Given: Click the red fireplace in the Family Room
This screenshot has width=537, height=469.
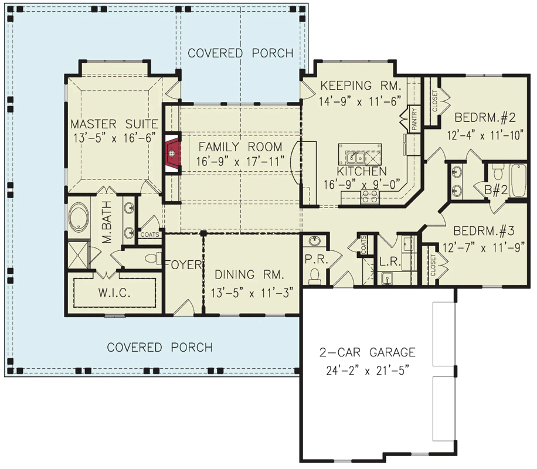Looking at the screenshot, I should coord(172,154).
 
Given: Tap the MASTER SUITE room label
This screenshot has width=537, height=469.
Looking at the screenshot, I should coord(114,124).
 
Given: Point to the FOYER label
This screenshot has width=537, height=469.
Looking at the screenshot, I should coord(183,265).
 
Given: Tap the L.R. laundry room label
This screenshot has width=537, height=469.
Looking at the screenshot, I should coord(390,263).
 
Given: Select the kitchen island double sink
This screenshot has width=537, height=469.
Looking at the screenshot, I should coord(356,157).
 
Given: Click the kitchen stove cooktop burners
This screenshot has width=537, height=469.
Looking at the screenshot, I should coord(369,198).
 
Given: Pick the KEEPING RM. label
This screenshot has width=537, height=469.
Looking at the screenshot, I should coord(359,86).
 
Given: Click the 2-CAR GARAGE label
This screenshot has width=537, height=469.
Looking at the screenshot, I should coord(367,352).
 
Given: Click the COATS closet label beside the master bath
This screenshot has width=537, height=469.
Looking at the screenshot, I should coord(148,235).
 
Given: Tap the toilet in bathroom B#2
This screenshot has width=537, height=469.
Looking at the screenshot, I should coord(498,172).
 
